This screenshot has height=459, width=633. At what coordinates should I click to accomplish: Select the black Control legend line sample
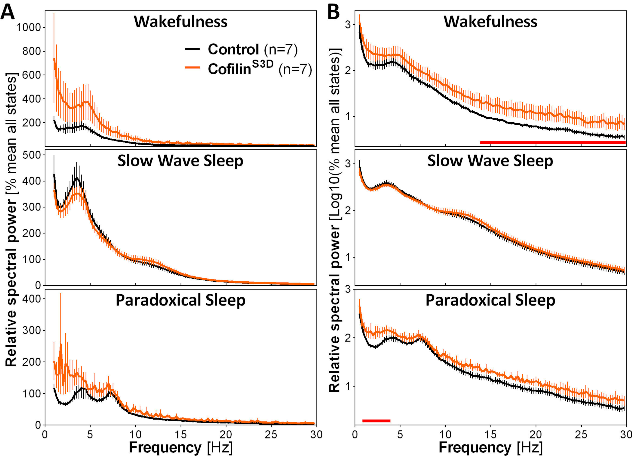(x=192, y=49)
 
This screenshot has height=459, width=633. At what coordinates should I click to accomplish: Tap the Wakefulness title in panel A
(x=181, y=22)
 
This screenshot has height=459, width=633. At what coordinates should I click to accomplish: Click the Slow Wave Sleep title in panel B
(x=490, y=161)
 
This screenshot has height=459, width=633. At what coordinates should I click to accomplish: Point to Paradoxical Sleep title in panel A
(x=181, y=300)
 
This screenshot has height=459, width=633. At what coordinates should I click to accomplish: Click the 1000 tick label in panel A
(x=28, y=28)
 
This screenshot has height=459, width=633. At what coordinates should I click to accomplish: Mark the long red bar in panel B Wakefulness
(x=553, y=142)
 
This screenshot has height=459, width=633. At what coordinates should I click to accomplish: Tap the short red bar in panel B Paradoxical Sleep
(x=376, y=421)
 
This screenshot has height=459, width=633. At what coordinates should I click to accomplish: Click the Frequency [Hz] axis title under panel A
(x=181, y=447)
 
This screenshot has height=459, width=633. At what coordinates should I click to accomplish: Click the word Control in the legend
(x=233, y=49)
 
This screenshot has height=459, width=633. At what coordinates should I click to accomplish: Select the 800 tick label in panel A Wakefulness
(x=31, y=51)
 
